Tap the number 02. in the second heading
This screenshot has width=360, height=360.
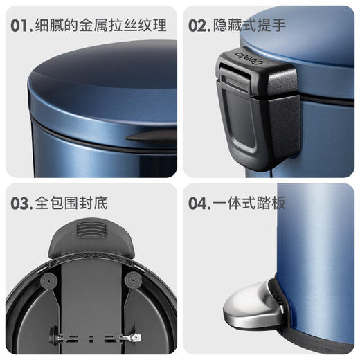pos(199,27)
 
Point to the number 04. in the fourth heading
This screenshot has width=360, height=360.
pos(200,204)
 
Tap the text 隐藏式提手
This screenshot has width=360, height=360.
pos(249,27)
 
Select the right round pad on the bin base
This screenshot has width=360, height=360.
pos(132,280)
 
